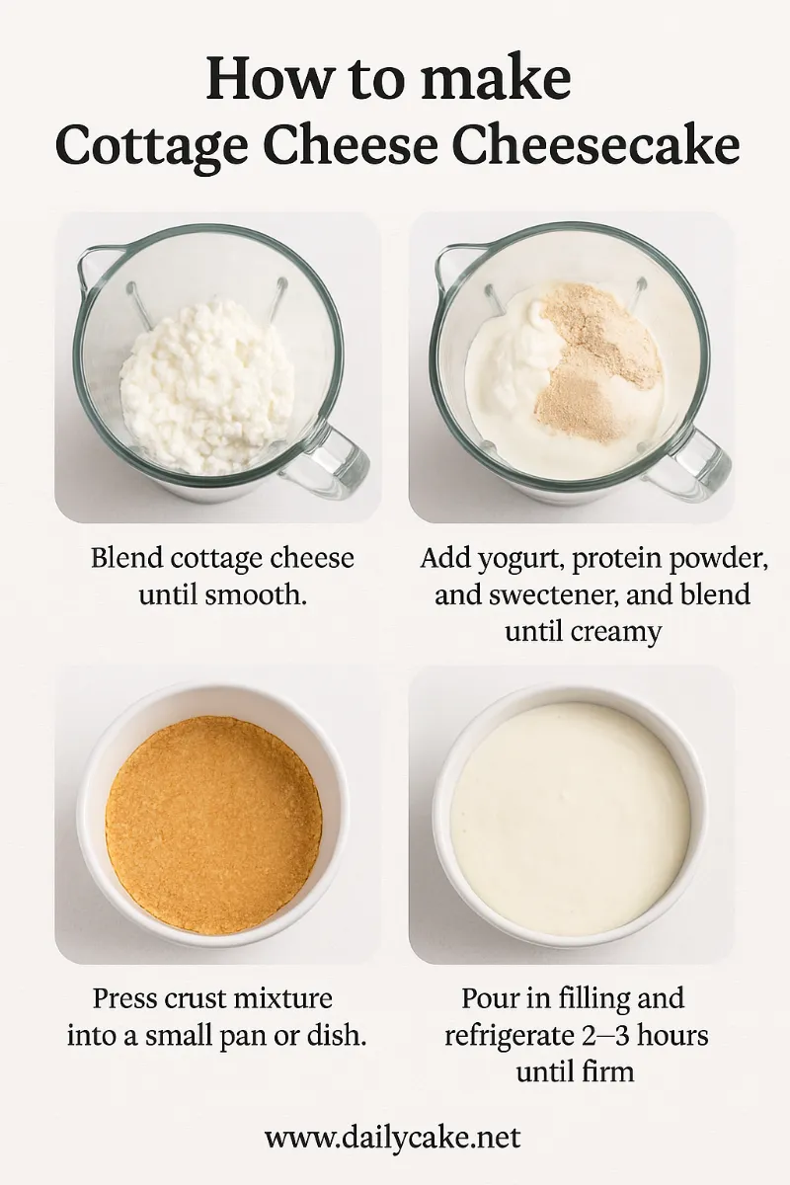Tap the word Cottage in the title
point(151,147)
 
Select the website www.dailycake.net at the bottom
point(393,1136)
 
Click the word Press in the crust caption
point(125,998)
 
